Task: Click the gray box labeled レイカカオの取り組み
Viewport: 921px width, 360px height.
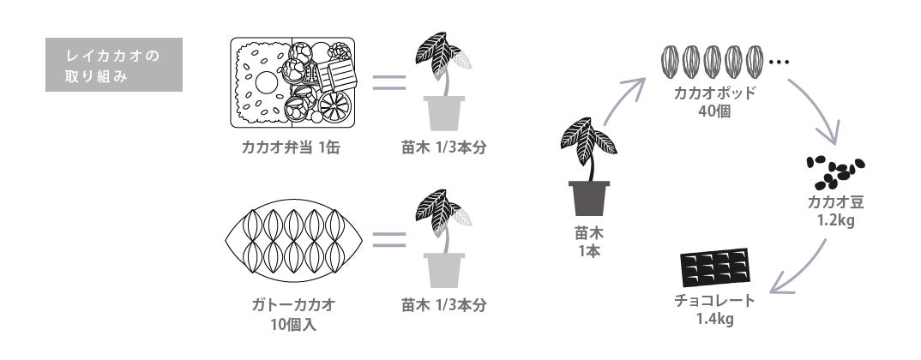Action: click(114, 64)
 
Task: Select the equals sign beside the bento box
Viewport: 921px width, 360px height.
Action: click(388, 84)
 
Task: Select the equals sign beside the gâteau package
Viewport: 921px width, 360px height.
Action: click(388, 239)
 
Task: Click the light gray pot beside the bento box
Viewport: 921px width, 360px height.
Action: click(444, 111)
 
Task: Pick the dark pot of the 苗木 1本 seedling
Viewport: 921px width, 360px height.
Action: click(589, 196)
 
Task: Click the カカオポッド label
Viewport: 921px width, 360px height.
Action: click(714, 93)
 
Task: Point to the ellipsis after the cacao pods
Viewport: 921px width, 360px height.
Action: click(779, 63)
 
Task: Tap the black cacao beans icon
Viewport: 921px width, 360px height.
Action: click(834, 171)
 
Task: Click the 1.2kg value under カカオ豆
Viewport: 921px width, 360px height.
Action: click(835, 220)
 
